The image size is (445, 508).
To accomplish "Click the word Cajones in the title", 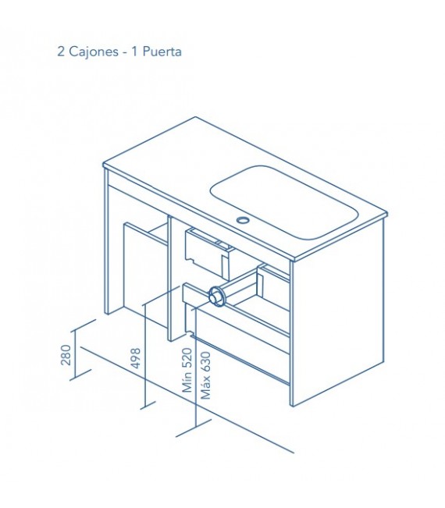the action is [94, 52].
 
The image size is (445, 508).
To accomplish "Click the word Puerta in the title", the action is [162, 52].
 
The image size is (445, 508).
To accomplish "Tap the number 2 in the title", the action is [61, 52].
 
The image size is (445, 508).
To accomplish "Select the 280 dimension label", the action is [66, 355].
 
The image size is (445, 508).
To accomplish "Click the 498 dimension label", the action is [135, 358].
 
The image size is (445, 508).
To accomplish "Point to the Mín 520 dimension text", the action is [187, 371].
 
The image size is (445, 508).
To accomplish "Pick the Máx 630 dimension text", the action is [205, 375].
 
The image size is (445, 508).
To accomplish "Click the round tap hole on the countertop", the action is [242, 220].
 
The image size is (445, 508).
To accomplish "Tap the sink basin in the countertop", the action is [283, 203].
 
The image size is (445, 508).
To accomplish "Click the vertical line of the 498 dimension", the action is [145, 354].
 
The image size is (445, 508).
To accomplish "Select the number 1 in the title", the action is [134, 52].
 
